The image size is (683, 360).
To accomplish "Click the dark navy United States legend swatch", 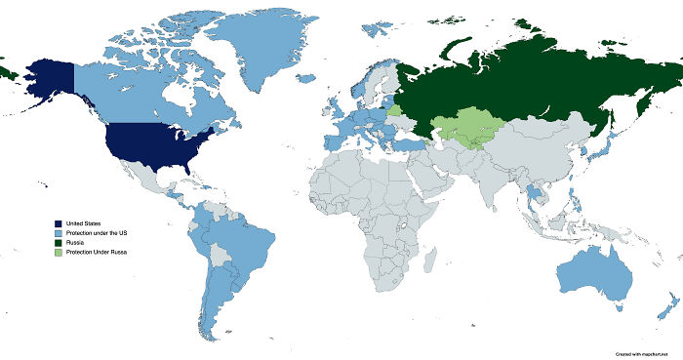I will click(59, 224).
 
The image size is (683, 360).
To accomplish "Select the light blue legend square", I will click(59, 234).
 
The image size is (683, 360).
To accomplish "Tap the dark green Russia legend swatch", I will click(59, 243).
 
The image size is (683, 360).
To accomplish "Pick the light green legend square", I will click(59, 253).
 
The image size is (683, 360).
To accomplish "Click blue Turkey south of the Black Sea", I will click(409, 144).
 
